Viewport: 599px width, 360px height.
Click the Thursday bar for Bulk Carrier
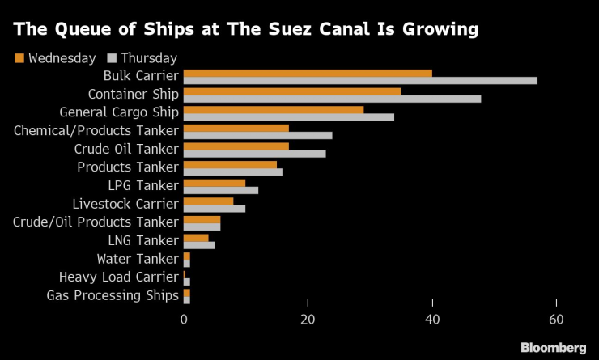[360, 81]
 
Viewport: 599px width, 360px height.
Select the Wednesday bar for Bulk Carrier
[308, 73]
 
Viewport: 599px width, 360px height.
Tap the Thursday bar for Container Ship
[332, 99]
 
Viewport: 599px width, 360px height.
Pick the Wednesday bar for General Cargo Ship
[274, 109]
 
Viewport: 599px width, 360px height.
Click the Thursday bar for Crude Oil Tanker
[254, 153]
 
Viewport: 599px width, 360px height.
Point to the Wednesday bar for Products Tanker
[230, 164]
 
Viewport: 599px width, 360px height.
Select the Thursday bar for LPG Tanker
[221, 190]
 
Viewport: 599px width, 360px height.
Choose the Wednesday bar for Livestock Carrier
[208, 201]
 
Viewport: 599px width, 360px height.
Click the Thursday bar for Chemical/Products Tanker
[257, 135]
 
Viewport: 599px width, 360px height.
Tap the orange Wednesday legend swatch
[19, 58]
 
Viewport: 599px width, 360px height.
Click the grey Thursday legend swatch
[112, 58]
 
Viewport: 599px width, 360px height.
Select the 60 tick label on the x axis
[556, 320]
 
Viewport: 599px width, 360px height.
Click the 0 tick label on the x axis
[185, 320]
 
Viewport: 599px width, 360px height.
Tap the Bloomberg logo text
[552, 347]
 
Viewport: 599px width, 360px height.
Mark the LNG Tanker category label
[142, 240]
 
